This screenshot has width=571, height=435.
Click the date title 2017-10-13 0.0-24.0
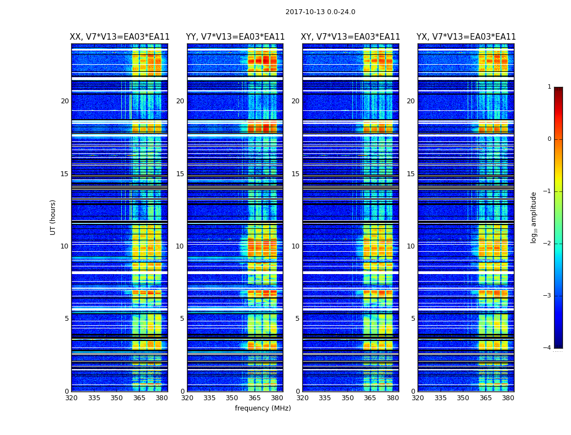point(320,12)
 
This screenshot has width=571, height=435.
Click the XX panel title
point(120,37)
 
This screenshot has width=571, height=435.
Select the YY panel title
point(235,37)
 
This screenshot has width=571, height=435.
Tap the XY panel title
point(350,37)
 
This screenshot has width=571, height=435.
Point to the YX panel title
point(466,37)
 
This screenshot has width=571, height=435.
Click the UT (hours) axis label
point(53,217)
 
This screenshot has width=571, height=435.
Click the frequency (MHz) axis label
point(263,408)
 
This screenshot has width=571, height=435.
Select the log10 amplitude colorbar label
point(534,217)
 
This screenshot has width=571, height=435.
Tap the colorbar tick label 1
point(549,87)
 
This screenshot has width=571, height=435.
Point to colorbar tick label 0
point(549,139)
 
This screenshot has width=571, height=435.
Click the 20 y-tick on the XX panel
point(65,101)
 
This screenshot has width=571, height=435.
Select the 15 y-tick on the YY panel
point(180,174)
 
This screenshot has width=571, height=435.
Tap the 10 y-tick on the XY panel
point(295,246)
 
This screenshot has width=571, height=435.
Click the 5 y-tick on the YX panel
point(413,319)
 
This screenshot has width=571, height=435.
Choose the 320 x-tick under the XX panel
point(71,398)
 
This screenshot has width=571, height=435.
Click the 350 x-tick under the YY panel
point(232,398)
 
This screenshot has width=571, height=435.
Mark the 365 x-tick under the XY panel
point(370,398)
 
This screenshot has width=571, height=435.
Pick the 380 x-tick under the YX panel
point(508,398)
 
